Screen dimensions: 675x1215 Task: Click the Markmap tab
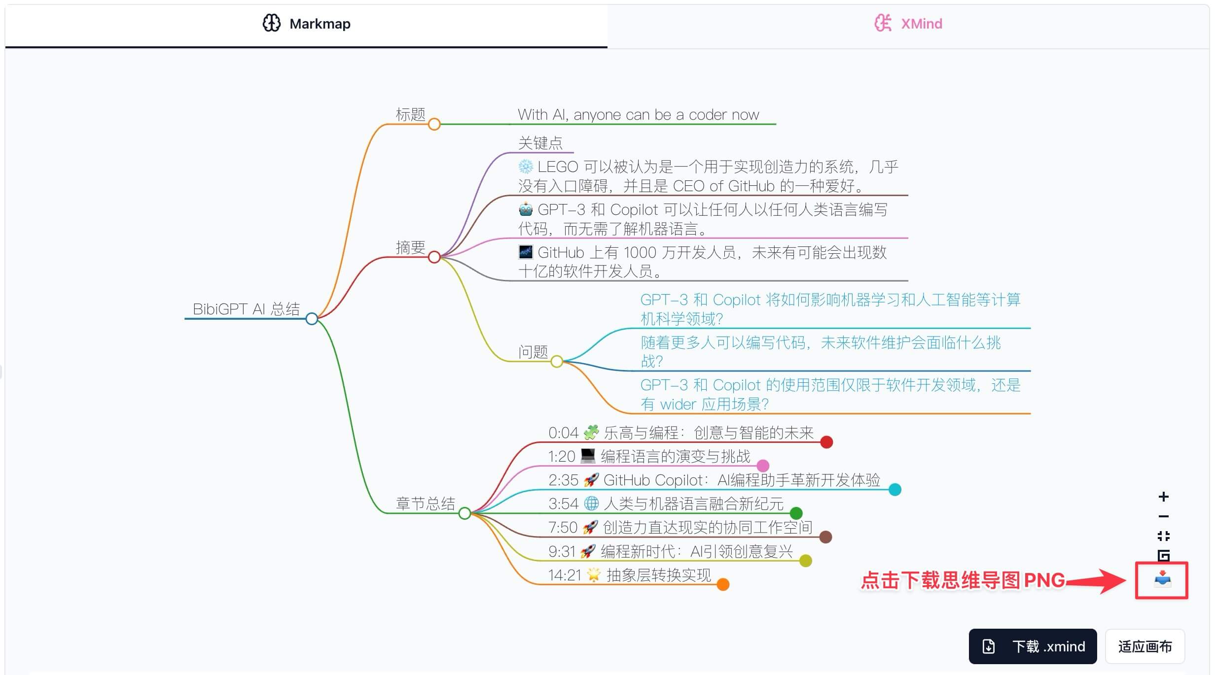[306, 24]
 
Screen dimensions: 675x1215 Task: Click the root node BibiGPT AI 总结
[246, 309]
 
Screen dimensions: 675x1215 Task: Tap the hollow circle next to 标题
[434, 124]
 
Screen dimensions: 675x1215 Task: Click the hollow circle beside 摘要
[434, 257]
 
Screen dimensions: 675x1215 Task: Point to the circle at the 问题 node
[557, 362]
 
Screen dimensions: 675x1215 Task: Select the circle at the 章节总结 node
[465, 513]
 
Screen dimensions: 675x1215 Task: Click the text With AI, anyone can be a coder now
[638, 115]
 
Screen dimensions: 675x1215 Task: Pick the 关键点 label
[540, 143]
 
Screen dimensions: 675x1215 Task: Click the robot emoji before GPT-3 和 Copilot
[526, 209]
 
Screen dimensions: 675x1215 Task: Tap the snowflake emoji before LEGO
[526, 167]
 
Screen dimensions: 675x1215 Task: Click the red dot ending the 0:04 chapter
[826, 442]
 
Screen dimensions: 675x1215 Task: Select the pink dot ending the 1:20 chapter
[763, 466]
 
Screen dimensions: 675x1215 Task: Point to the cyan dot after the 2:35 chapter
[895, 489]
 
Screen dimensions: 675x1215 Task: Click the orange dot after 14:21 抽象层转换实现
[723, 584]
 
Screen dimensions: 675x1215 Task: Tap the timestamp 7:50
[563, 528]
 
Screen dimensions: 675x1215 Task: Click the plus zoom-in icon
[1164, 497]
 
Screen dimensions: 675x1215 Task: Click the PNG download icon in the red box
[1162, 579]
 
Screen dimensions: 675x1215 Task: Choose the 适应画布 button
[1144, 646]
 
